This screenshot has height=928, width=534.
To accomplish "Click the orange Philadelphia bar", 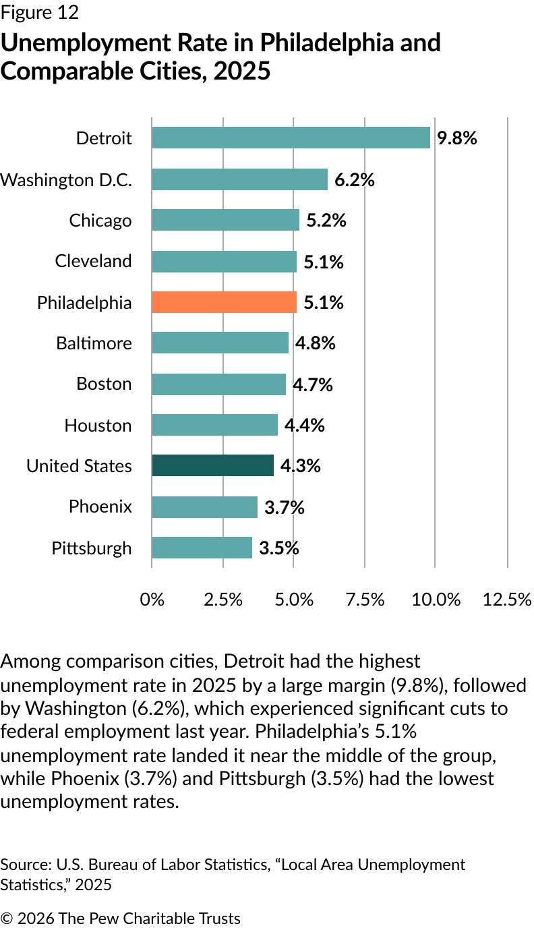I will pyautogui.click(x=224, y=302).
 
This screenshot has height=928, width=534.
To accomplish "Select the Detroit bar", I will pyautogui.click(x=291, y=138).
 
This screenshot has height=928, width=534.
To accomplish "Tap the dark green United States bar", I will pyautogui.click(x=212, y=465).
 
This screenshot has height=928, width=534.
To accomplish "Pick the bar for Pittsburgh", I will pyautogui.click(x=202, y=548).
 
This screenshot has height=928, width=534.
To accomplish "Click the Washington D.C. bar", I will pyautogui.click(x=239, y=179).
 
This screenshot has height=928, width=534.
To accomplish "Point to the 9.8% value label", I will pyautogui.click(x=457, y=138).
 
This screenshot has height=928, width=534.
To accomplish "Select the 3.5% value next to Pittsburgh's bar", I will pyautogui.click(x=278, y=548).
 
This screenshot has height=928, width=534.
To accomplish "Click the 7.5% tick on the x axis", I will pyautogui.click(x=365, y=599).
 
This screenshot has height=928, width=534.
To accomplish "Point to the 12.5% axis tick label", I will pyautogui.click(x=506, y=599).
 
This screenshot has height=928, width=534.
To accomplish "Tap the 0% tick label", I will pyautogui.click(x=152, y=599).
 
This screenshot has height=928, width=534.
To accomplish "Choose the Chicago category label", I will pyautogui.click(x=100, y=221).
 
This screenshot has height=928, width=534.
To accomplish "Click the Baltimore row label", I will pyautogui.click(x=94, y=343).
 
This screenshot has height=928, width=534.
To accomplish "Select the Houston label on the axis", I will pyautogui.click(x=98, y=426).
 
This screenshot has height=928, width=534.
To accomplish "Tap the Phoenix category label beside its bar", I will pyautogui.click(x=100, y=506).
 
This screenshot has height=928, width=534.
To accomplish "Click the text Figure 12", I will pyautogui.click(x=40, y=12).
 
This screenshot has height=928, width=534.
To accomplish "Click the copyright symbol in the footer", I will pyautogui.click(x=7, y=919).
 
